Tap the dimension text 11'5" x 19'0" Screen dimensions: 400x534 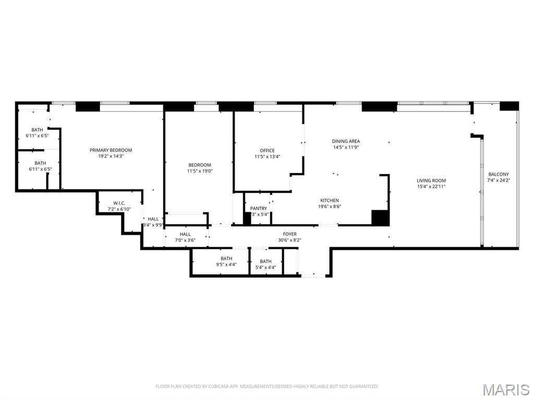click(200, 171)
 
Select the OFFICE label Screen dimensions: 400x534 click(267, 151)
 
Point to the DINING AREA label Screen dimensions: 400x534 click(346, 141)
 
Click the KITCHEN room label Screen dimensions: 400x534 click(330, 200)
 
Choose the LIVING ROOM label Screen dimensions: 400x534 click(431, 181)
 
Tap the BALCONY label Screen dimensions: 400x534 click(499, 174)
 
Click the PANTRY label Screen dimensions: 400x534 click(259, 209)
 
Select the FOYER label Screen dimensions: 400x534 click(290, 234)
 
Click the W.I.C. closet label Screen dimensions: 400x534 click(118, 203)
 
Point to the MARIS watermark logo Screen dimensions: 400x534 click(505, 390)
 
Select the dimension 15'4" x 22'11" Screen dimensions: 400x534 click(431, 187)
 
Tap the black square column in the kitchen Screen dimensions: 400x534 click(380, 218)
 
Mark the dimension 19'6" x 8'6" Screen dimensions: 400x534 click(330, 206)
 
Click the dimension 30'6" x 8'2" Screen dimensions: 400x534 click(290, 240)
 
